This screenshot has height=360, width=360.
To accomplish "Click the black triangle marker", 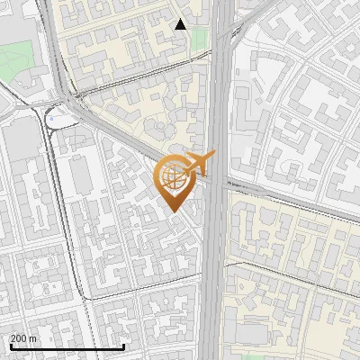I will tap(181, 24).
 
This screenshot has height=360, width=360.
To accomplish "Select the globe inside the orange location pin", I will tap(174, 177).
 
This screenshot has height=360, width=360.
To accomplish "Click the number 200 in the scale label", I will tap(20, 338).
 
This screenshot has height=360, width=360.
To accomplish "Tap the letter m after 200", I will tap(34, 338).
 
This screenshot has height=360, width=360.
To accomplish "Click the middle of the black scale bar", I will tap(67, 346).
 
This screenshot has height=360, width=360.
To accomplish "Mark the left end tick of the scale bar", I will tap(10, 346).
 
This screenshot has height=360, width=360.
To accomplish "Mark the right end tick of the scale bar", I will tap(123, 346).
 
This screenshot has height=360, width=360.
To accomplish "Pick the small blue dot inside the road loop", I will tap(51, 117).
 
